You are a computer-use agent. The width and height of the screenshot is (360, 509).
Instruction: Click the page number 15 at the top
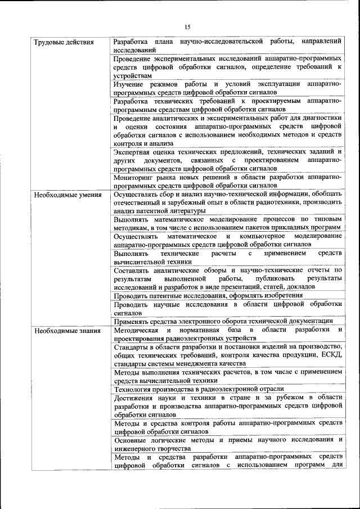[187, 26]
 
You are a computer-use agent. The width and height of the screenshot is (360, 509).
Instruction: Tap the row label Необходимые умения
[67, 195]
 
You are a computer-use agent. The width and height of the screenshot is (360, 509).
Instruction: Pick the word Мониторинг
[133, 177]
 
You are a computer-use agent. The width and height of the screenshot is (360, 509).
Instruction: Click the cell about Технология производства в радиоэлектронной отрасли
[199, 389]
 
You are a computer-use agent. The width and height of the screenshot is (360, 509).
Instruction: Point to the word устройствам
[132, 75]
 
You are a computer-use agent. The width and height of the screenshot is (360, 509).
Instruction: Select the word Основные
[130, 440]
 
